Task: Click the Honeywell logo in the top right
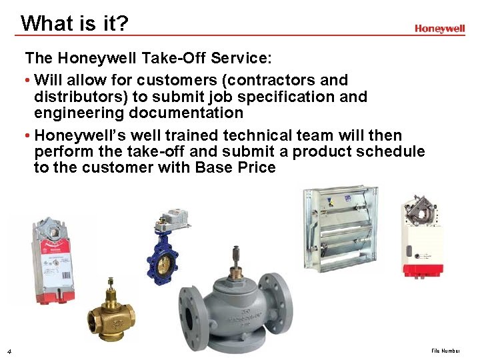[439, 29]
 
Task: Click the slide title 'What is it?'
[74, 23]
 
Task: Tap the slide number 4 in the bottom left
[7, 351]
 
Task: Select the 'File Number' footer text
[445, 351]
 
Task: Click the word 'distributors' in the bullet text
[76, 97]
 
